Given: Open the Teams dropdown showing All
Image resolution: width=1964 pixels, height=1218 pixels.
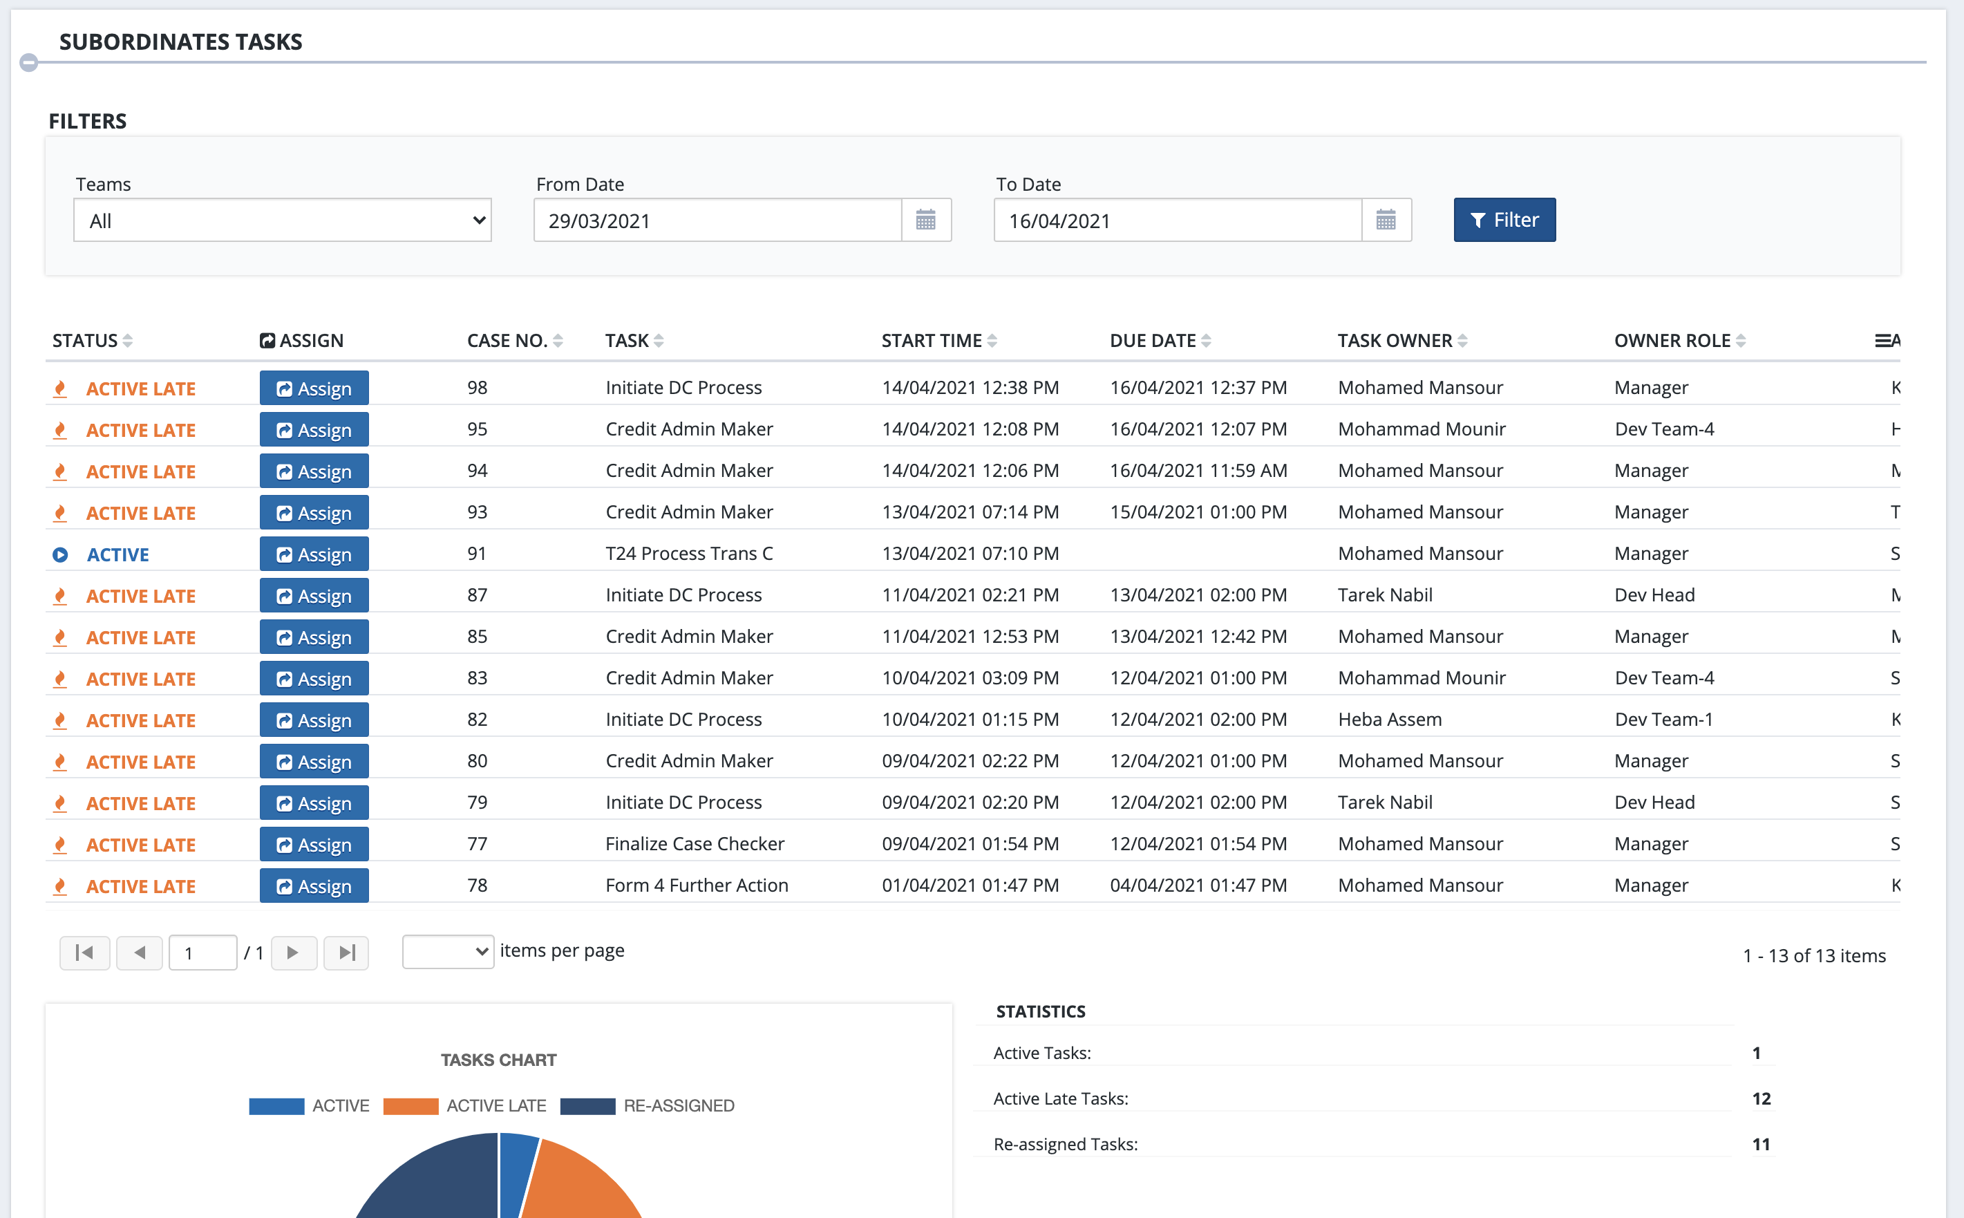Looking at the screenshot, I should (x=282, y=221).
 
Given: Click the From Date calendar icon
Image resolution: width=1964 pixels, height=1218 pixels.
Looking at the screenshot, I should (x=925, y=220).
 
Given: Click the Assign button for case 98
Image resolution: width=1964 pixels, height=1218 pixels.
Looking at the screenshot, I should (x=314, y=388).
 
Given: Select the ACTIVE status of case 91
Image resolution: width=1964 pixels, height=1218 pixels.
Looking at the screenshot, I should (x=117, y=555).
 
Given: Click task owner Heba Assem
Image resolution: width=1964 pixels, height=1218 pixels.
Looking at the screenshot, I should (x=1389, y=720).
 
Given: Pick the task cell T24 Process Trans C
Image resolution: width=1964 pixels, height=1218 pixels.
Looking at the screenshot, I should (x=688, y=554).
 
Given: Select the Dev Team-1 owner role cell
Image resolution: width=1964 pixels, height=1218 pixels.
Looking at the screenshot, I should (x=1663, y=720).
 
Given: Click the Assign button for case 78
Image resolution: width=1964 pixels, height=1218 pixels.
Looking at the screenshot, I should (x=314, y=886).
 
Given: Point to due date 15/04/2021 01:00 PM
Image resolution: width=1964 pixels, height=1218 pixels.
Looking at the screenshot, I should (x=1198, y=512).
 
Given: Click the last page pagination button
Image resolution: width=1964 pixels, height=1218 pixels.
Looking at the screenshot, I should (x=346, y=953).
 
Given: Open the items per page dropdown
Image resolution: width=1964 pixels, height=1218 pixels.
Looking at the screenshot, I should (x=448, y=951).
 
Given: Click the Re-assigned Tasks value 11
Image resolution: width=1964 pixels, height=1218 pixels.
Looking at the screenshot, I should (x=1760, y=1144).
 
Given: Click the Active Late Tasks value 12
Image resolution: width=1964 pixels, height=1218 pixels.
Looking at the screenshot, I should (x=1760, y=1099).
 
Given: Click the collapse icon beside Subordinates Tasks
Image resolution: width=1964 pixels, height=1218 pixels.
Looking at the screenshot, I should (x=29, y=62).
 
